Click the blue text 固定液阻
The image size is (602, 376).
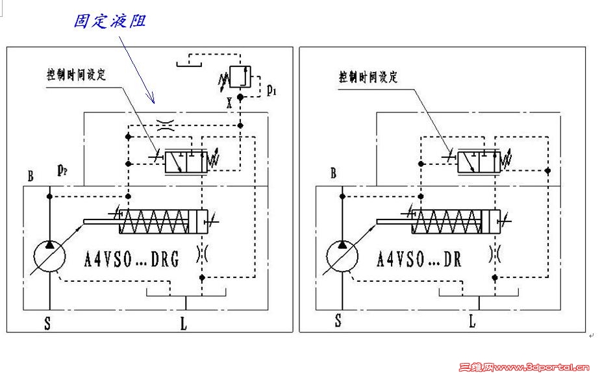tap(109, 21)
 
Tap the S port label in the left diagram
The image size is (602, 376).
tap(47, 323)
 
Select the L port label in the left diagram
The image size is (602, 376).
tap(184, 323)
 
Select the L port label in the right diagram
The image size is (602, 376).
tap(472, 321)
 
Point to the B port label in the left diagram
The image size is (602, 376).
tap(31, 175)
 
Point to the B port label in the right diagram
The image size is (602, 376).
tap(334, 173)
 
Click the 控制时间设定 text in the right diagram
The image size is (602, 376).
tap(368, 77)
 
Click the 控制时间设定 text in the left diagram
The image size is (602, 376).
tap(76, 74)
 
